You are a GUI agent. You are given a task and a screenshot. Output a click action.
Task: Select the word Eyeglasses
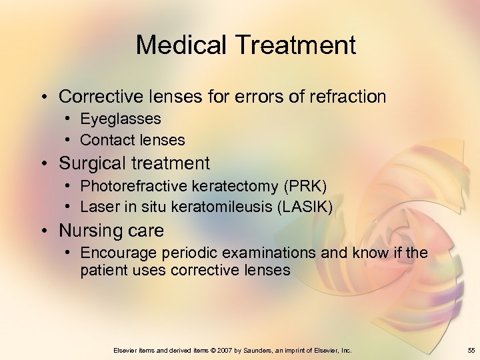[x=120, y=119]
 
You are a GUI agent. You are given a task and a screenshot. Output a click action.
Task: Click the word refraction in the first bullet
[x=348, y=97]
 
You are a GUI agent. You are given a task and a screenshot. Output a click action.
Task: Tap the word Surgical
[x=89, y=163]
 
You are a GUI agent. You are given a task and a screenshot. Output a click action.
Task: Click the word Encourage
[x=115, y=253]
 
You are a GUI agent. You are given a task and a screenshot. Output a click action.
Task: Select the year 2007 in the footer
[x=230, y=350]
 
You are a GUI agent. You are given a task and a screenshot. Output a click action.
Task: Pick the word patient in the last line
[x=102, y=270]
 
